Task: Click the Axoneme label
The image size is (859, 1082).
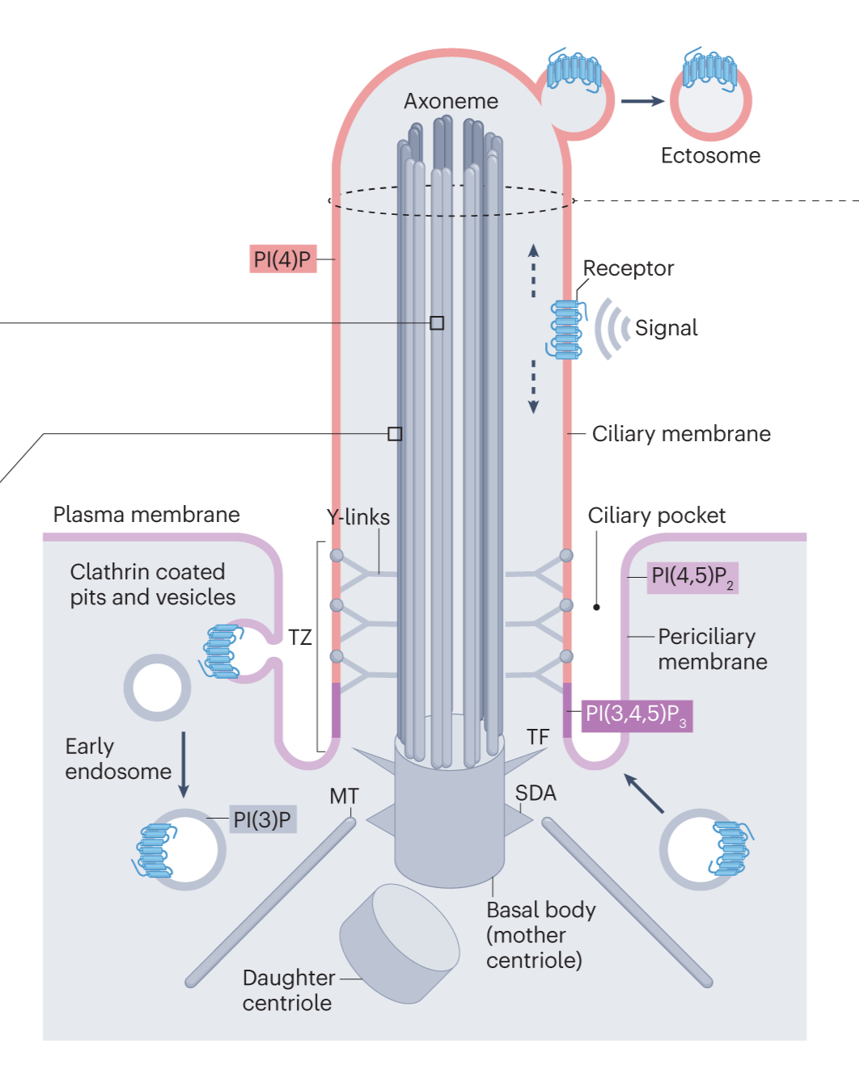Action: (451, 101)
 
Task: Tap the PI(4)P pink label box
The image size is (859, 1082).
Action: (282, 259)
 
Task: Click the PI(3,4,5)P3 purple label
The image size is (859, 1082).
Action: (636, 715)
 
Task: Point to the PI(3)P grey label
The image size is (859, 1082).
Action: (261, 819)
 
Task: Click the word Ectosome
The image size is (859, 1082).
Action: (710, 155)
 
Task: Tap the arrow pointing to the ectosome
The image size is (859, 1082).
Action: (642, 101)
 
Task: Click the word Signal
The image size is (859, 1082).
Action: (666, 327)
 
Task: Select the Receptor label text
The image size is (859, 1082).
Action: (628, 268)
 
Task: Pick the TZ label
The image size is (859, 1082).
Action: (299, 638)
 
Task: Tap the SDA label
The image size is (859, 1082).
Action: (535, 794)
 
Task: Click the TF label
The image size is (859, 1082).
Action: (538, 737)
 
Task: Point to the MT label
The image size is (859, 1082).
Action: (344, 796)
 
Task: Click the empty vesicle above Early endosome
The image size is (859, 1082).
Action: (157, 688)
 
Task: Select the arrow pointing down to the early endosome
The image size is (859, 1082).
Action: (184, 764)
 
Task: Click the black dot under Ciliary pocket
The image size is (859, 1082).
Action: (597, 607)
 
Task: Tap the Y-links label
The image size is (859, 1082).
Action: (358, 517)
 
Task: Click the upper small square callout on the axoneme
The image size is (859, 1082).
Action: (437, 323)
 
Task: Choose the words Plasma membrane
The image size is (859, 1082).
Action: (146, 515)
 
